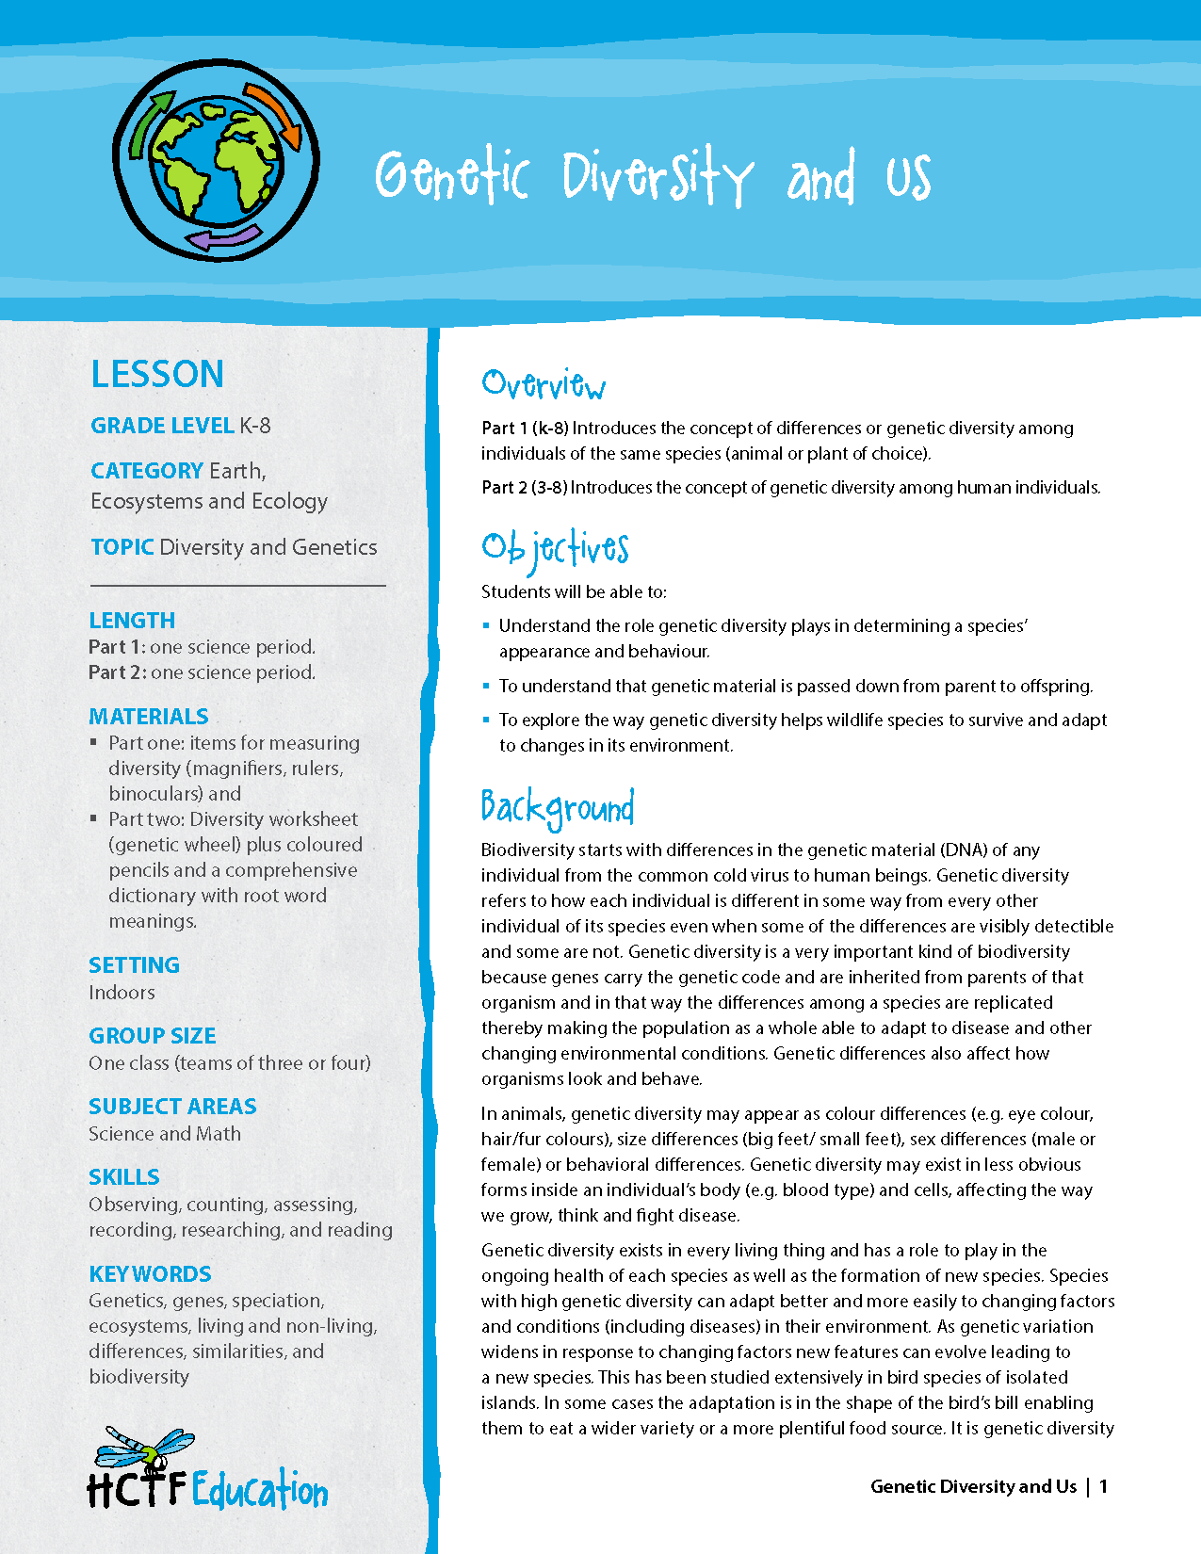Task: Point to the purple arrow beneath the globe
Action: tap(224, 238)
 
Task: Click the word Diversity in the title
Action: tap(657, 177)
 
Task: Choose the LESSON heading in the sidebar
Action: tap(157, 375)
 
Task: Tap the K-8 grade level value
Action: tap(254, 426)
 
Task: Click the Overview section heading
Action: tap(544, 384)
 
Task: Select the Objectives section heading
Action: tap(555, 549)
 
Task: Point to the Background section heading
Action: tap(557, 808)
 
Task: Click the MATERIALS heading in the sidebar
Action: tap(149, 717)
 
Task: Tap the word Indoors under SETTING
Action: tap(122, 993)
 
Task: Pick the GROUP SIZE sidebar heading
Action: tap(153, 1036)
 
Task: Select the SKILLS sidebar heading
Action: tap(124, 1177)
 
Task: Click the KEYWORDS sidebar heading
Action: tap(150, 1274)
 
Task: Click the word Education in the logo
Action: tap(260, 1491)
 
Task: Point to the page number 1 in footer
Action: tap(1103, 1486)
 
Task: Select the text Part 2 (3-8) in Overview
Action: tap(525, 488)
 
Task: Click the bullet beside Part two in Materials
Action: tap(94, 818)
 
